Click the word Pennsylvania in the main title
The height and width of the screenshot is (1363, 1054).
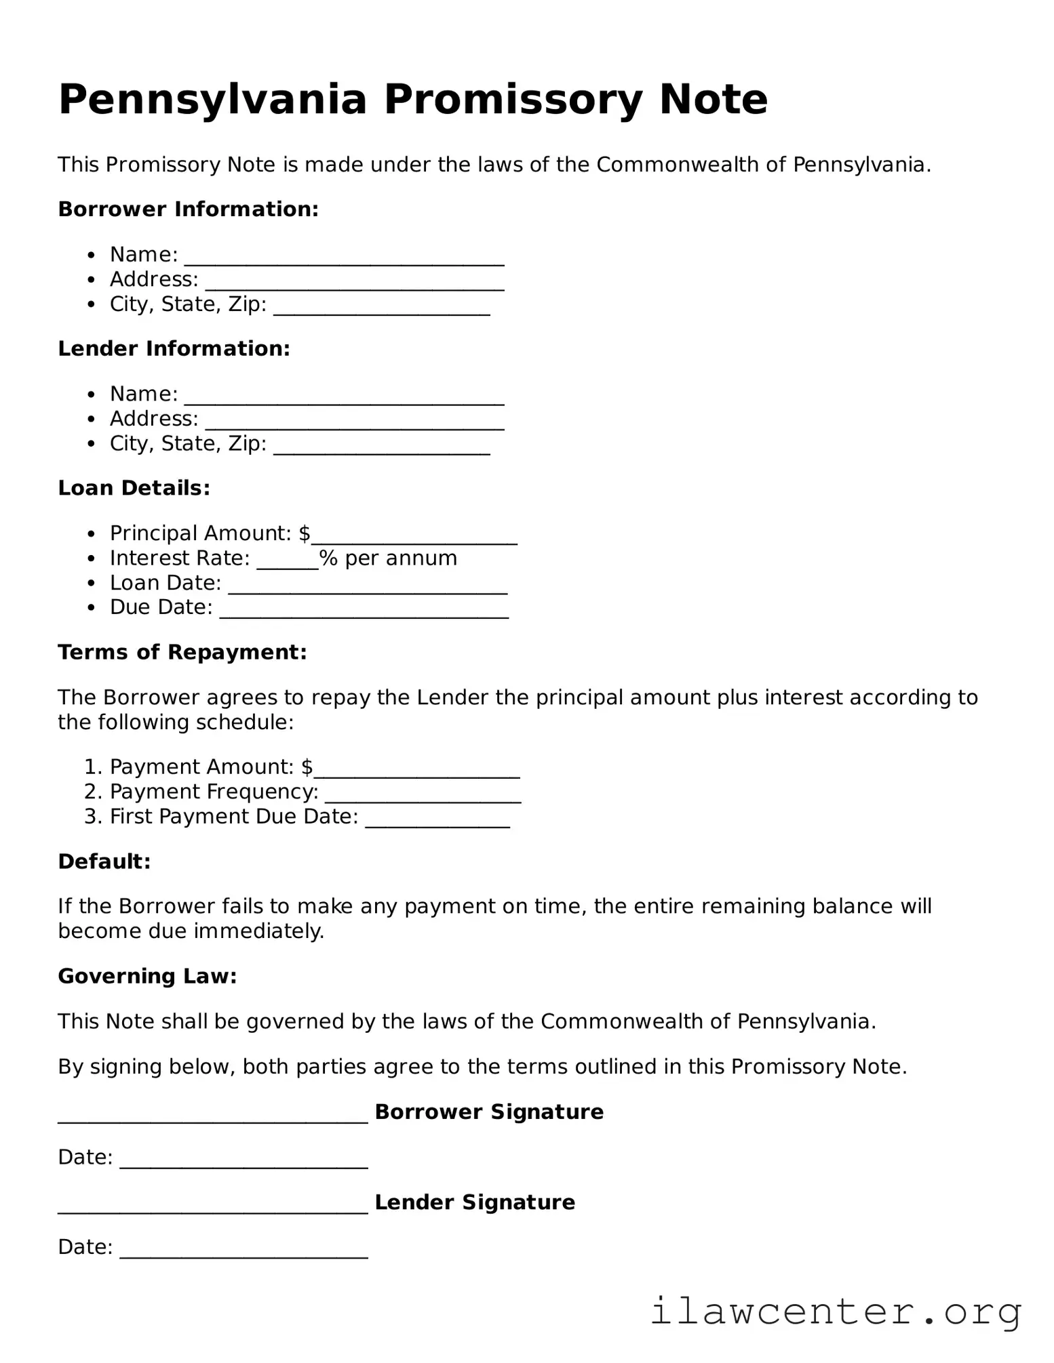[x=212, y=100]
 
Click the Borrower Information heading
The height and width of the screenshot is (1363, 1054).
[x=188, y=209]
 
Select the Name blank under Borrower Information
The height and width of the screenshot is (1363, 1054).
[x=344, y=258]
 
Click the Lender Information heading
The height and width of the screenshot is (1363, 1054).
[x=174, y=349]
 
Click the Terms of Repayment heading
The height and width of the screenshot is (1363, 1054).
[x=182, y=653]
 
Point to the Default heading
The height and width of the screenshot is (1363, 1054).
[x=104, y=862]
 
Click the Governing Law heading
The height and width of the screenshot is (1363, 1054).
[x=147, y=977]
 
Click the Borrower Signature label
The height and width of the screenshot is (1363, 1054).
[x=488, y=1112]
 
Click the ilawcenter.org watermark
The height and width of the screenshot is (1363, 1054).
[x=836, y=1311]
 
